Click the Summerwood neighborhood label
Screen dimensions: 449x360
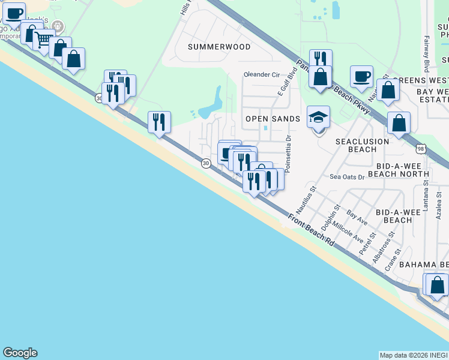point(218,46)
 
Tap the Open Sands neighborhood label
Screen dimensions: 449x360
point(273,119)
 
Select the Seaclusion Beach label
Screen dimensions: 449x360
point(363,145)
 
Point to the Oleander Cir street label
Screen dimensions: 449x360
point(262,75)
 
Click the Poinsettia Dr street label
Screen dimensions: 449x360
point(288,154)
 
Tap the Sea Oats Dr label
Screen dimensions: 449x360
point(348,177)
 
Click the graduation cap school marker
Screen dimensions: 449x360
point(319,118)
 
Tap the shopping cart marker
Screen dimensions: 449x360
point(43,40)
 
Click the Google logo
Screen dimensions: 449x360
point(20,353)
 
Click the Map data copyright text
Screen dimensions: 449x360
point(414,355)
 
